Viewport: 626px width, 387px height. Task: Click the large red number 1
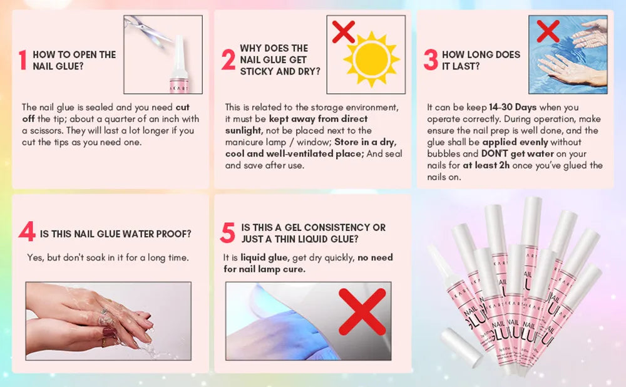pos(23,60)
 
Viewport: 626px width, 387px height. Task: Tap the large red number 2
pos(228,60)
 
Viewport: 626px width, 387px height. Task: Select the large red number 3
pos(430,60)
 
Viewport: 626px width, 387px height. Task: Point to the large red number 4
pos(27,232)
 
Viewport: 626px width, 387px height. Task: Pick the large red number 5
pos(228,232)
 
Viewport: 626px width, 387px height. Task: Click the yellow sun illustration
pos(371,60)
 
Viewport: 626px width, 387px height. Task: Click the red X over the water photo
pos(548,30)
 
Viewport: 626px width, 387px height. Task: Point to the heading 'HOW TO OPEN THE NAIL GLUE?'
pos(74,60)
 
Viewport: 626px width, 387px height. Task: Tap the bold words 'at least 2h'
pos(486,165)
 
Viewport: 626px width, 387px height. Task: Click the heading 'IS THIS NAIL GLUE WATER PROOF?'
pos(116,234)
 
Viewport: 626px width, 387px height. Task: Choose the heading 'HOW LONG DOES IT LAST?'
pos(481,60)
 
